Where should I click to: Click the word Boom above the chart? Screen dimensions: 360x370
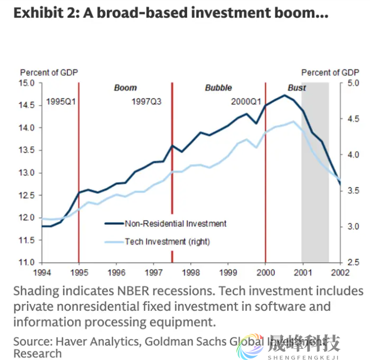tap(126, 88)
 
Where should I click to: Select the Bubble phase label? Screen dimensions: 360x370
tap(218, 88)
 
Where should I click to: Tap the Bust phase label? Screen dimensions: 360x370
tap(297, 88)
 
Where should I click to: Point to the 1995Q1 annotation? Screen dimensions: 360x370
tap(60, 101)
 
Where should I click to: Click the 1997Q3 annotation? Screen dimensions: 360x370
tap(147, 101)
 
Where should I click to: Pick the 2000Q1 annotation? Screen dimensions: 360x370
tap(246, 101)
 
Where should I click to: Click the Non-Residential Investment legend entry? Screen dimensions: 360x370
tap(175, 224)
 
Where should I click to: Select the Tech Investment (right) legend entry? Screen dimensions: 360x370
tap(167, 241)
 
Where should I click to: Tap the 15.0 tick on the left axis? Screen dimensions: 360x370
tap(27, 83)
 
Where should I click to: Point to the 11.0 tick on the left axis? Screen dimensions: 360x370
tap(27, 262)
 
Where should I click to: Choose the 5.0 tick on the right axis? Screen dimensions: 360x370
tap(352, 83)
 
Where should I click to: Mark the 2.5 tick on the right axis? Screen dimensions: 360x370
tap(352, 262)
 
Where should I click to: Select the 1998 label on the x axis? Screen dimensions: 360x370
tap(191, 272)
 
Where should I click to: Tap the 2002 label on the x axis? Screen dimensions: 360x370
tap(340, 272)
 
